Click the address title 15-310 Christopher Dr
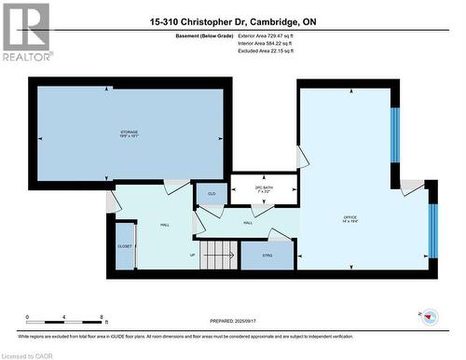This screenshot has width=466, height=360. tap(232, 21)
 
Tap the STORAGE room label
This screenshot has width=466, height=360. tap(130, 133)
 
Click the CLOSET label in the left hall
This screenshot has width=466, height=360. tap(125, 245)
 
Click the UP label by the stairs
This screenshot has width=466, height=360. tap(193, 254)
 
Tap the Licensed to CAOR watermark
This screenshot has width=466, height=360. tap(29, 354)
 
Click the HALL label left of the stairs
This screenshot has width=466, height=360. tap(164, 225)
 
